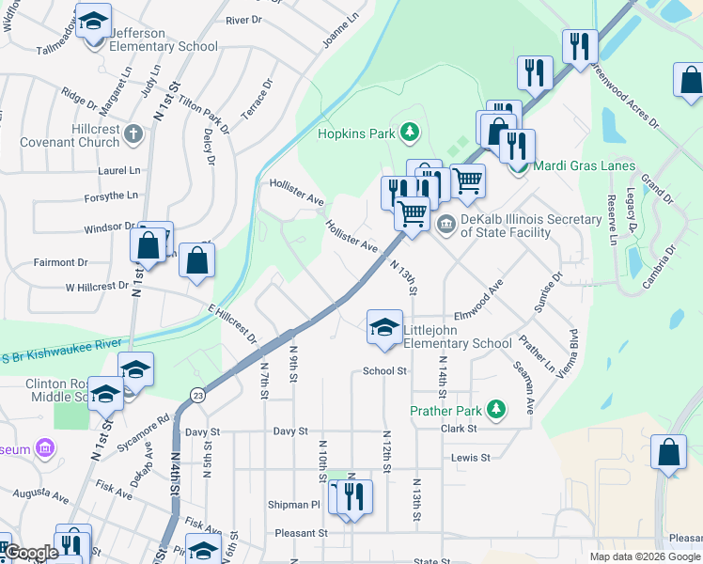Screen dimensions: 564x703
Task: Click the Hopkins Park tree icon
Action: tap(409, 133)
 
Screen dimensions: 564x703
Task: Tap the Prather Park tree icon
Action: tap(495, 410)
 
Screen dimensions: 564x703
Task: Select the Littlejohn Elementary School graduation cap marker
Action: tap(383, 328)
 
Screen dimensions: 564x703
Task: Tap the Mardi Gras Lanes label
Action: tap(571, 166)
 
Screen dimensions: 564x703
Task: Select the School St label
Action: tap(384, 371)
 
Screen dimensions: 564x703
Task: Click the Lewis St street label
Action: tap(471, 458)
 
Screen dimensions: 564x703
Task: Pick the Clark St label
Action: tap(460, 429)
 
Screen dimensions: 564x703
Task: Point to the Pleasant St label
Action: tap(301, 533)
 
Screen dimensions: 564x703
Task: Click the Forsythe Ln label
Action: tap(111, 196)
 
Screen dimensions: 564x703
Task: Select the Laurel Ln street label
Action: tap(118, 171)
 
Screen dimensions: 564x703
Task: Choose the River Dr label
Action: tap(243, 20)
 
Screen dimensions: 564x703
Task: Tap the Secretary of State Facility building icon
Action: tap(445, 222)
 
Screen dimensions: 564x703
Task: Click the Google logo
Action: tap(31, 554)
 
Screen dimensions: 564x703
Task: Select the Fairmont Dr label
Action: tap(61, 262)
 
